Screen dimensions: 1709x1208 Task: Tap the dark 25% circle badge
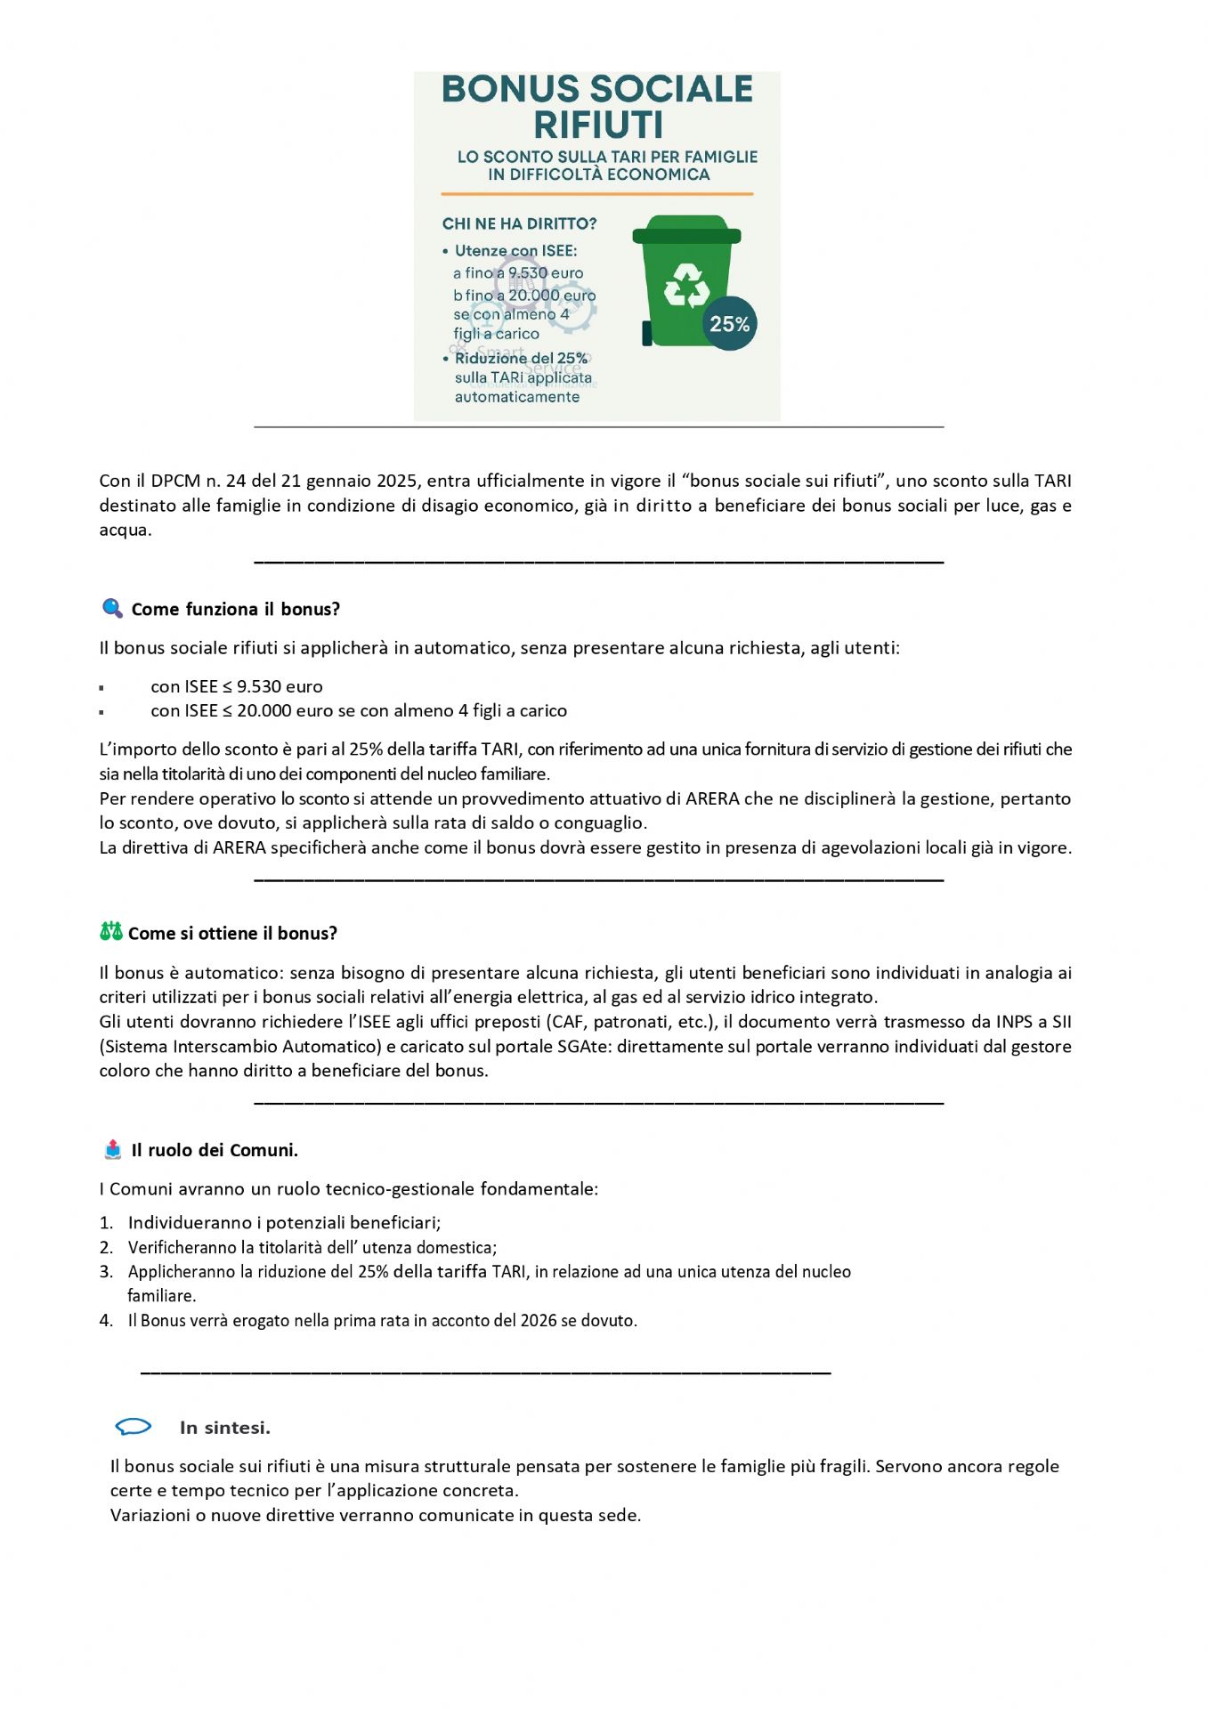[729, 324]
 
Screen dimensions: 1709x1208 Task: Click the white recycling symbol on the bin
[686, 286]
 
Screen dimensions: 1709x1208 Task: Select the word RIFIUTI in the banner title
[598, 125]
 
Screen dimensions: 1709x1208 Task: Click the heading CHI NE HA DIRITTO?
[519, 223]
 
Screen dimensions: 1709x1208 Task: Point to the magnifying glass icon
[112, 609]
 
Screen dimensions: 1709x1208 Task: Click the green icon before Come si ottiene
[110, 932]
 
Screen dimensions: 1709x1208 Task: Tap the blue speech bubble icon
[134, 1427]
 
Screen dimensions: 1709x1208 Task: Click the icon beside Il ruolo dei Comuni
[112, 1149]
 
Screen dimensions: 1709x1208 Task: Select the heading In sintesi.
[224, 1428]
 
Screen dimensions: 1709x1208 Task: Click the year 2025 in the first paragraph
[397, 481]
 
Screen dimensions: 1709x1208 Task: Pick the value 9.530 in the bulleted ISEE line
[256, 686]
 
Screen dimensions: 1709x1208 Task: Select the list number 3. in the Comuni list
[106, 1272]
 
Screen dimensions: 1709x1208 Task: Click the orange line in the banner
[596, 194]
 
